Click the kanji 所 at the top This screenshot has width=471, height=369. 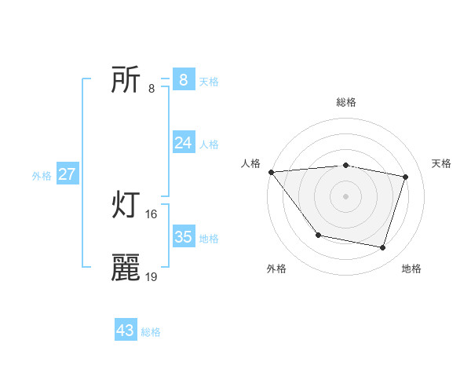pos(126,80)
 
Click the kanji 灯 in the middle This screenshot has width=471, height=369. pos(126,206)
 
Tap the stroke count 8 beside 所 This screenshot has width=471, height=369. pos(152,88)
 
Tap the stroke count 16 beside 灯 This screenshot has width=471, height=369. pos(152,214)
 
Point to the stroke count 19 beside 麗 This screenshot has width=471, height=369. pos(152,276)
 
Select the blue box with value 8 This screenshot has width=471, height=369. pos(183,79)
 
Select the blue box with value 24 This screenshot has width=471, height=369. pos(183,142)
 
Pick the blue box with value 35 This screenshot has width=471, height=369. pos(183,236)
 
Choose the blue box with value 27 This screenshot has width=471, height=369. pos(67,174)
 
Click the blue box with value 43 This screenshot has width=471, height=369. pos(126,331)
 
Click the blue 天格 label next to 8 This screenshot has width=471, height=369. pos(209,81)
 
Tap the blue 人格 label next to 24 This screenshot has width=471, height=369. pos(209,144)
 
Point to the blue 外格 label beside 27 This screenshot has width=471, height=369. pos(42,176)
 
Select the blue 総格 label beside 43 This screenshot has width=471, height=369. pos(151,332)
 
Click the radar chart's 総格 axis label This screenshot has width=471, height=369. pos(346,102)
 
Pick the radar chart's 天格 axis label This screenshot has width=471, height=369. pos(442,163)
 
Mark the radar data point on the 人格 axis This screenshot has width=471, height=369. pos(271,172)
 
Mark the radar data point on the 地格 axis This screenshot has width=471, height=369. pos(382,248)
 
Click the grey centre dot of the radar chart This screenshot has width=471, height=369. pos(345,195)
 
